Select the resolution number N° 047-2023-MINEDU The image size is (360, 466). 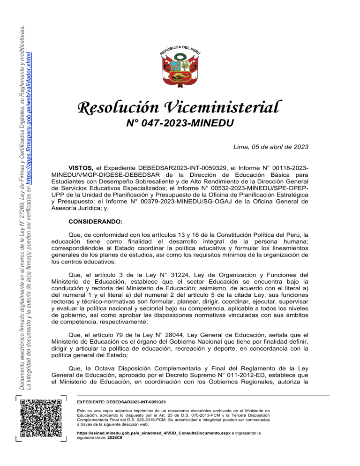tap(180, 123)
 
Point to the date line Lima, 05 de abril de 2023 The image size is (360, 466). tap(270, 146)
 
